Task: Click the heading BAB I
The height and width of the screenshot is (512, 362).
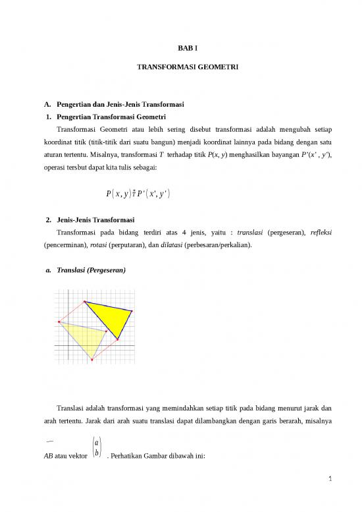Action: (181, 48)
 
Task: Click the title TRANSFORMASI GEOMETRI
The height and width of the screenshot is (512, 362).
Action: (181, 67)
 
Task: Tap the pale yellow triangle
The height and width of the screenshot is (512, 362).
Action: (86, 336)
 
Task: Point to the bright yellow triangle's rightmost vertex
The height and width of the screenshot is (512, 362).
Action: (132, 310)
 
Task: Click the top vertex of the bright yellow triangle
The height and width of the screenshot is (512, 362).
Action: (85, 301)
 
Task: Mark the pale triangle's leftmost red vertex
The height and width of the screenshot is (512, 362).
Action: (59, 322)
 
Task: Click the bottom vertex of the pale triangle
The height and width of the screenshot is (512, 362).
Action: (92, 360)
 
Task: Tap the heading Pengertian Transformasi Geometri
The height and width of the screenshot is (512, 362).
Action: (109, 116)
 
